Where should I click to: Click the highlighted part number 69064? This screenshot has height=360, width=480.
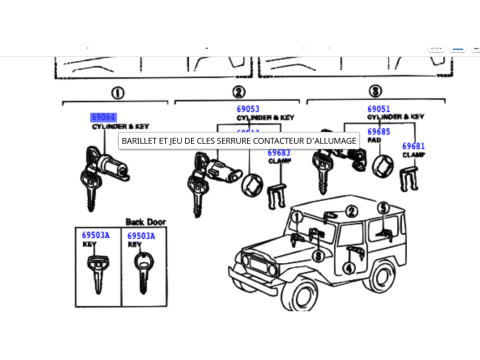[104, 117]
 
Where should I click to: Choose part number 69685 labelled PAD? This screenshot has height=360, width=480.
[379, 132]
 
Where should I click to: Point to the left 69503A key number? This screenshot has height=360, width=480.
[95, 234]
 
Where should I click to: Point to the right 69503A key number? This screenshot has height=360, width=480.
[140, 234]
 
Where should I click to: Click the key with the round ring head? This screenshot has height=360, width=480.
[142, 268]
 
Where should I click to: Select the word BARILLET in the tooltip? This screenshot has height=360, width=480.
[141, 141]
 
